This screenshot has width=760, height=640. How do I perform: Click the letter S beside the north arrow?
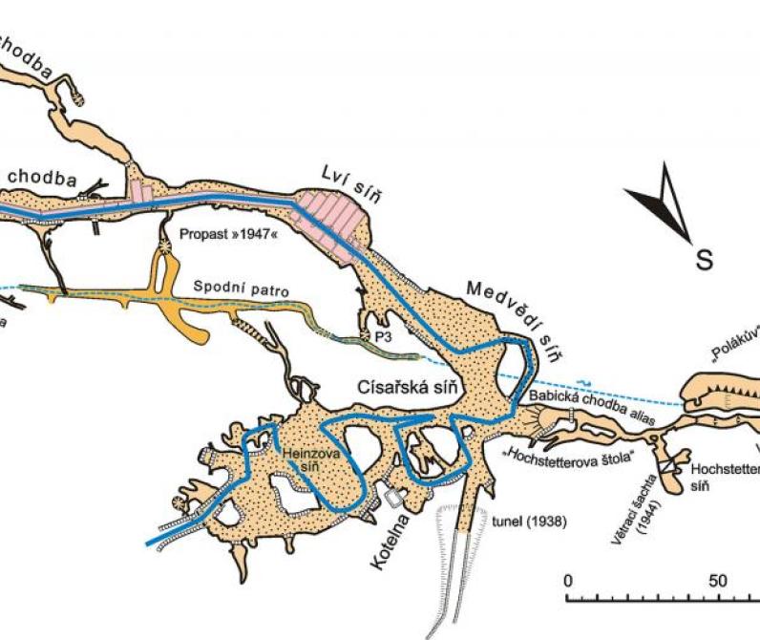[704, 259]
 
